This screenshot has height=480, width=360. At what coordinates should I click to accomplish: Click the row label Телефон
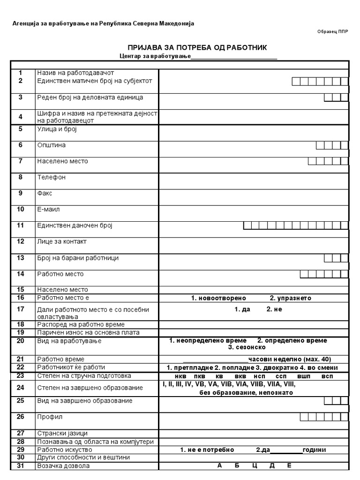[52, 177]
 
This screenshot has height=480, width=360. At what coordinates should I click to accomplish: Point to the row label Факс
[45, 193]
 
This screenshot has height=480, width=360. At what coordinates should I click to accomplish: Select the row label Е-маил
[49, 210]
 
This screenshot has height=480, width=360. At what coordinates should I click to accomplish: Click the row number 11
[21, 225]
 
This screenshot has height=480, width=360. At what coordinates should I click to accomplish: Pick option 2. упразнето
[290, 298]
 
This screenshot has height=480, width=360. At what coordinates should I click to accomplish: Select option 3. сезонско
[247, 347]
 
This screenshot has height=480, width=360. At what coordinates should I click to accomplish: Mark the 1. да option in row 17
[242, 309]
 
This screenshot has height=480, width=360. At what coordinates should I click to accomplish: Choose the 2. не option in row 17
[274, 309]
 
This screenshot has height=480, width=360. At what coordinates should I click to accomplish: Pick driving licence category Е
[289, 466]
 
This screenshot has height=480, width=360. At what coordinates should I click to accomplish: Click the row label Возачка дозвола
[63, 466]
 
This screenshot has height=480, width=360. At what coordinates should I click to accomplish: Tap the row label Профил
[50, 416]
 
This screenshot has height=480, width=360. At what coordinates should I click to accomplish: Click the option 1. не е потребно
[207, 450]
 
